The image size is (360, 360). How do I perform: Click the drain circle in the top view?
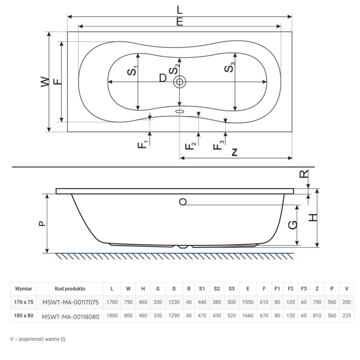coord(180,82)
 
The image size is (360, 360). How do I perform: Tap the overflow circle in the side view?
coord(183,202)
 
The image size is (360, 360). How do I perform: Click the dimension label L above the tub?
coord(180,10)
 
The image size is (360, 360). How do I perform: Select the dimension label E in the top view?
coord(180,22)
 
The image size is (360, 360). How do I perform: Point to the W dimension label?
coord(45,82)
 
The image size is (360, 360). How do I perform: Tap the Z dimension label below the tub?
coord(234,152)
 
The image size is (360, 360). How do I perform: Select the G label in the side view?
coord(292,225)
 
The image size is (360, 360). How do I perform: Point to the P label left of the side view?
coord(42,224)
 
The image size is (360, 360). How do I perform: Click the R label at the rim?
coord(304,174)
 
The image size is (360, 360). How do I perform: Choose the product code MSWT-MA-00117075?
coord(71,302)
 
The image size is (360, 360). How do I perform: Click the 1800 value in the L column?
coord(112,316)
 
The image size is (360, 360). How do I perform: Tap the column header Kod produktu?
coord(70,289)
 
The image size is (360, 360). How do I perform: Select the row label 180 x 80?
coord(24,316)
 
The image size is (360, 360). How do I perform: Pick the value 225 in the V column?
coord(346,316)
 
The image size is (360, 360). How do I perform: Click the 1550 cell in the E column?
coord(248,302)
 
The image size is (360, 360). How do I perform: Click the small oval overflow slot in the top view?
coord(180,112)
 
